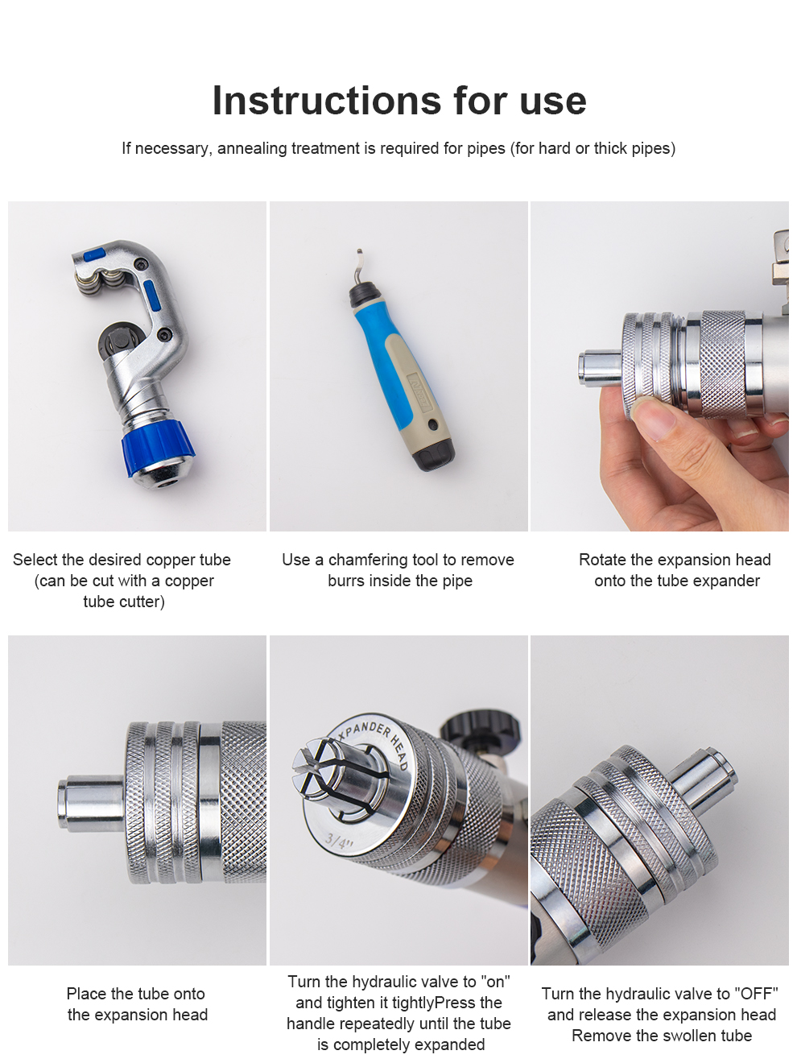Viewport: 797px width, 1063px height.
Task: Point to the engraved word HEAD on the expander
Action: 399,753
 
